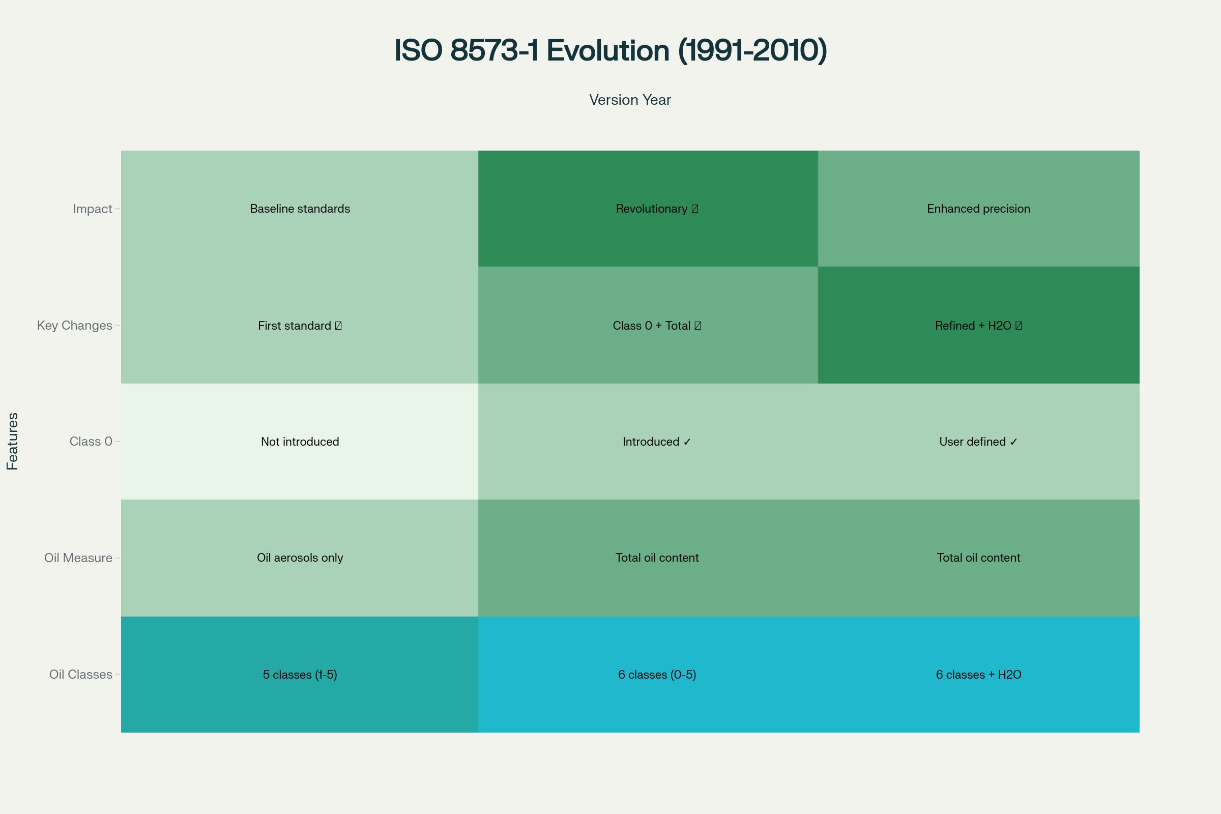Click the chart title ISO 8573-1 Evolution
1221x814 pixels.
point(610,50)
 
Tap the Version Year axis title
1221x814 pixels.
point(630,100)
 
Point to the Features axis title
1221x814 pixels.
point(12,441)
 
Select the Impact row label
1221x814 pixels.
point(92,209)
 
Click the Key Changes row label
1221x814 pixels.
point(74,326)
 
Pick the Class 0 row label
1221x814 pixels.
point(91,441)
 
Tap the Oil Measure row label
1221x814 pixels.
point(78,558)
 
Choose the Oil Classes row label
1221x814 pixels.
point(80,675)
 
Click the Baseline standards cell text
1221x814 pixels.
point(300,209)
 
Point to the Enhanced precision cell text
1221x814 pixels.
point(978,209)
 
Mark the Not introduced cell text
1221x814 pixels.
point(300,441)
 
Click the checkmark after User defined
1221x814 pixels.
point(1014,442)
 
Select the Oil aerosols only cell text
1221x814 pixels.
point(300,558)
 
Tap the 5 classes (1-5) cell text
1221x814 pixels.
point(300,675)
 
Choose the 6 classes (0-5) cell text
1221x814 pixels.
point(657,675)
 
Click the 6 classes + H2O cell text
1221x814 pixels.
point(978,675)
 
